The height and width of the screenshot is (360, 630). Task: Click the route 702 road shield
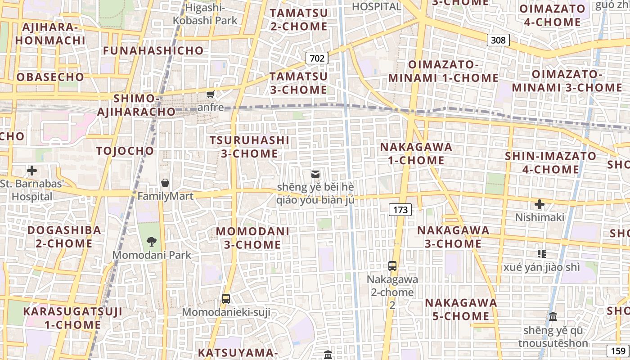(x=317, y=58)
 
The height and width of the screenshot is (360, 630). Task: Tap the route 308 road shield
(x=498, y=40)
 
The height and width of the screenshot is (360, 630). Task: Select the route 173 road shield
(x=400, y=209)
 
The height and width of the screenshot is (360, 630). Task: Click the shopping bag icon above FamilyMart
(x=165, y=183)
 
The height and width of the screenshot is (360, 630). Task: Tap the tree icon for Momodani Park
(x=152, y=241)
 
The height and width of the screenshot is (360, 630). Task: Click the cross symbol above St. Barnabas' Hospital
(x=32, y=171)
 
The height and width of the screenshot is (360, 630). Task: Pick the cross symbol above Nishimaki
(x=540, y=204)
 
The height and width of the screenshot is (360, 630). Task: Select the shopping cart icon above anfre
(x=210, y=94)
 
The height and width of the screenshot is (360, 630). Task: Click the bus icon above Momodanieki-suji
(x=226, y=298)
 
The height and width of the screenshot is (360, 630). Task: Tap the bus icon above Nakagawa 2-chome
(x=392, y=265)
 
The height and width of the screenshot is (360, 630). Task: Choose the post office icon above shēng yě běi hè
(x=315, y=174)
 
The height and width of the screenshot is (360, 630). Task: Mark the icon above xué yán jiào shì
(x=542, y=254)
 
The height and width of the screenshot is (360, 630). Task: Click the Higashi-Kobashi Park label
(x=206, y=13)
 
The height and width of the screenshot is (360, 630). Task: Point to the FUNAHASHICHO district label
(x=153, y=50)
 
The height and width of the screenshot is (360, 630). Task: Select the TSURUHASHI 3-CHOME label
(x=249, y=147)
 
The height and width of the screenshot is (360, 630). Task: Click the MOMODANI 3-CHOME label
(x=252, y=238)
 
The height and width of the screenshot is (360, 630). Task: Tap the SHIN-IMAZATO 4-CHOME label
(x=550, y=163)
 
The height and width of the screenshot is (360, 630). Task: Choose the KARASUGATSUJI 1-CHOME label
(x=72, y=318)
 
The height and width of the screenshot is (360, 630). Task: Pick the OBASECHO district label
(x=50, y=77)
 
